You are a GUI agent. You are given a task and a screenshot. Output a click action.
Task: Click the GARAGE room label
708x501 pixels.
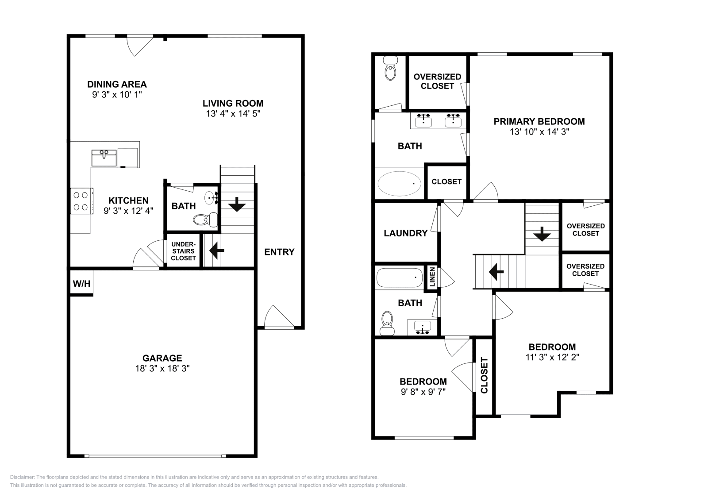click(162, 358)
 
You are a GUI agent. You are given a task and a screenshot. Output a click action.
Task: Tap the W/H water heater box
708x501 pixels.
click(81, 284)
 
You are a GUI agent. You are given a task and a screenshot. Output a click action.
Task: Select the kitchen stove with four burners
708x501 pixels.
click(81, 201)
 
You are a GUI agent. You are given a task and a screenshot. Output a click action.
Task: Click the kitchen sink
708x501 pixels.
click(104, 158)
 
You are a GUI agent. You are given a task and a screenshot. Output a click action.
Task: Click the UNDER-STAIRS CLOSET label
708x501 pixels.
click(183, 251)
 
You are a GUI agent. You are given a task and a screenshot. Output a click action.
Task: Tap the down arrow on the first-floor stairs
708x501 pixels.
click(237, 204)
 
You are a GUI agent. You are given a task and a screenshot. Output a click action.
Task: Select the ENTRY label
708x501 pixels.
click(279, 252)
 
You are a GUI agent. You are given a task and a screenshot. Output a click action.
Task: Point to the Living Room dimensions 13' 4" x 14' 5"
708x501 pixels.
click(233, 113)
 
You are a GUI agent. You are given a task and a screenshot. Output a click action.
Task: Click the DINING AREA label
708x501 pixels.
click(117, 84)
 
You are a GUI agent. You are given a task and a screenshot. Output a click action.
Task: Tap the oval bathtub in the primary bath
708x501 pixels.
click(399, 183)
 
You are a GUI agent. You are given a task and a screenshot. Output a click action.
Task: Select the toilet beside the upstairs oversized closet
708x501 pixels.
click(390, 69)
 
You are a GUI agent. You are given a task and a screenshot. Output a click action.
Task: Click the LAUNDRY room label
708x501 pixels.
click(405, 233)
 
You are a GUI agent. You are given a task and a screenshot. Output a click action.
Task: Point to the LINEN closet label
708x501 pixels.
click(432, 277)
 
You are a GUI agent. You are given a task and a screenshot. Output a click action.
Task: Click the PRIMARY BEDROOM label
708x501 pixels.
click(539, 121)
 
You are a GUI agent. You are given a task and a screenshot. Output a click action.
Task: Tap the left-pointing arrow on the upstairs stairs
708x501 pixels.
click(495, 271)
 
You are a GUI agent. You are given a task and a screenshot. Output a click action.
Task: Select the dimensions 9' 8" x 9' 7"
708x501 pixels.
click(423, 391)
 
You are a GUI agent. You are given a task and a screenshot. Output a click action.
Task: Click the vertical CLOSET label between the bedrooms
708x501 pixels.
click(484, 375)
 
